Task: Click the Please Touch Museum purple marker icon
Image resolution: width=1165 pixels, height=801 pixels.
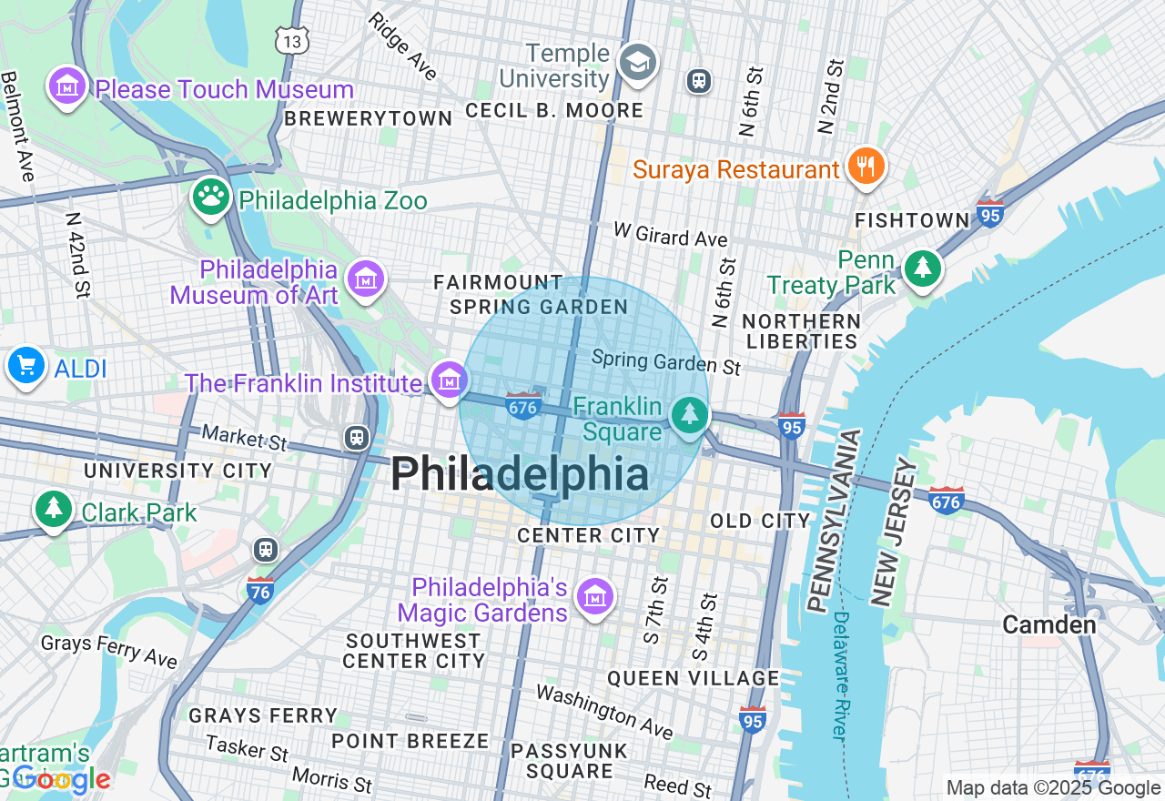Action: (x=67, y=86)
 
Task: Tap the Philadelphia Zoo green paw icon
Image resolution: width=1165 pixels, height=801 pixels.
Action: (x=211, y=196)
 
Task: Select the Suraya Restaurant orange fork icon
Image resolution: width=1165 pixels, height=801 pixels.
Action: (x=866, y=166)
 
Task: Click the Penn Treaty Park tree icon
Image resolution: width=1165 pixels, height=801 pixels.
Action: (x=924, y=267)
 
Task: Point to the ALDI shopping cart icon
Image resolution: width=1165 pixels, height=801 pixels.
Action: (x=25, y=366)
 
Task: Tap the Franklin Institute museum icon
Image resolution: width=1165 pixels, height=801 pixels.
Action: (x=449, y=380)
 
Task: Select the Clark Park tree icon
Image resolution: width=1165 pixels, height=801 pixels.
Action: (x=54, y=508)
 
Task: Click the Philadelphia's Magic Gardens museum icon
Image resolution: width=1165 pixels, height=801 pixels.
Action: (x=596, y=597)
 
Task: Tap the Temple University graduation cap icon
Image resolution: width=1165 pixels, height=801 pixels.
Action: (x=637, y=63)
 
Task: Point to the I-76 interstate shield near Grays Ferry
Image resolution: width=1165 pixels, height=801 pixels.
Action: (x=260, y=590)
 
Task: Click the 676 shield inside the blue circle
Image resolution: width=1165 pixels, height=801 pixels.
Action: (x=523, y=405)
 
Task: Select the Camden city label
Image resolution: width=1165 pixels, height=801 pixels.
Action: (x=1048, y=624)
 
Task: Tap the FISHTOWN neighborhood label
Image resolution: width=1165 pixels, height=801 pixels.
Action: (x=912, y=220)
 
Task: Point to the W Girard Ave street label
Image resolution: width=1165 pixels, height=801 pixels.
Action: (x=671, y=235)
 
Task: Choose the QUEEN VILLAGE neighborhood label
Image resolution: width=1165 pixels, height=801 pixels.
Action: (x=693, y=678)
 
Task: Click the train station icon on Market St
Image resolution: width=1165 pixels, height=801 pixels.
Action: (x=357, y=439)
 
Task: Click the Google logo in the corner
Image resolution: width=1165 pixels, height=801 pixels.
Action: (x=62, y=779)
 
